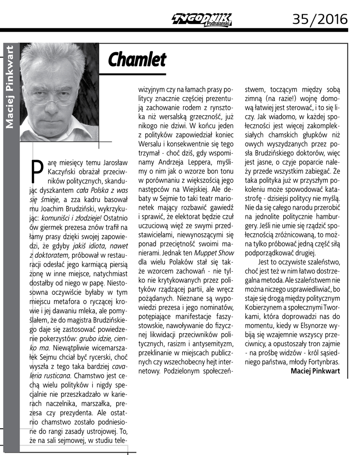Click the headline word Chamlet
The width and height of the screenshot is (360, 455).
(137, 60)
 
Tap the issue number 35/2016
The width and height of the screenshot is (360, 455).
(320, 19)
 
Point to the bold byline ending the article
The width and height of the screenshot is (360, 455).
(315, 371)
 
